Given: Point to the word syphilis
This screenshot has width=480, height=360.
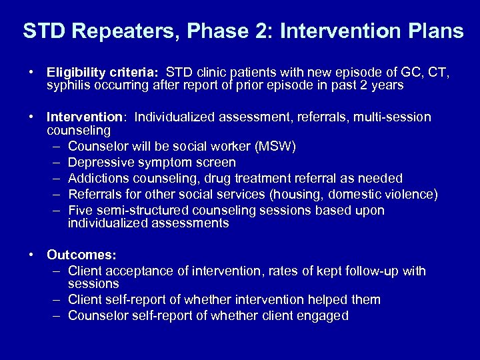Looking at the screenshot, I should (69, 85).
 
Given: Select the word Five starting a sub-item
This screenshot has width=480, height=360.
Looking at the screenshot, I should (81, 210).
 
